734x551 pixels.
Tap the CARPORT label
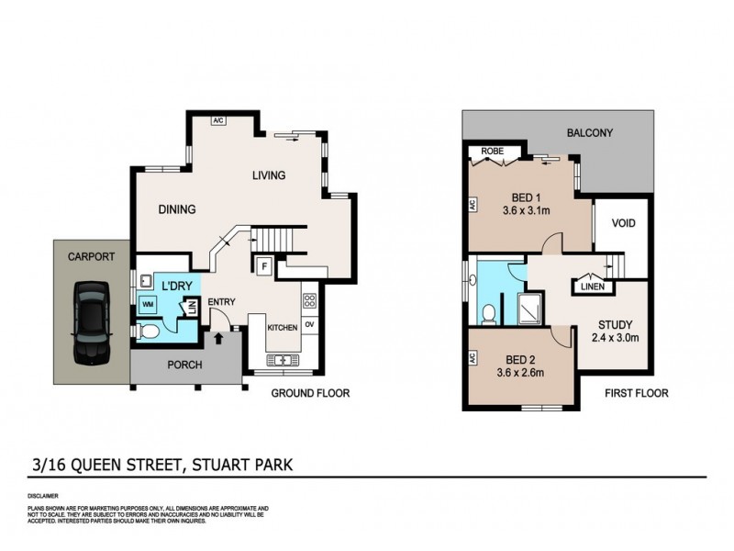point(91,258)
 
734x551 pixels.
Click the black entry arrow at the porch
point(217,339)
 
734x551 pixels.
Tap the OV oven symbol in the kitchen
point(309,324)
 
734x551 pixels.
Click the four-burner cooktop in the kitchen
point(309,299)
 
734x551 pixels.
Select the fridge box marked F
point(264,267)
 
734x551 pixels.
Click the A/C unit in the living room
point(218,120)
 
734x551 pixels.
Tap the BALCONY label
point(589,133)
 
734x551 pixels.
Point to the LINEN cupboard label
point(592,287)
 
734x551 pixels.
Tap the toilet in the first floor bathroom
point(488,313)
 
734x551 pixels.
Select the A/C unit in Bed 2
point(470,361)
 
